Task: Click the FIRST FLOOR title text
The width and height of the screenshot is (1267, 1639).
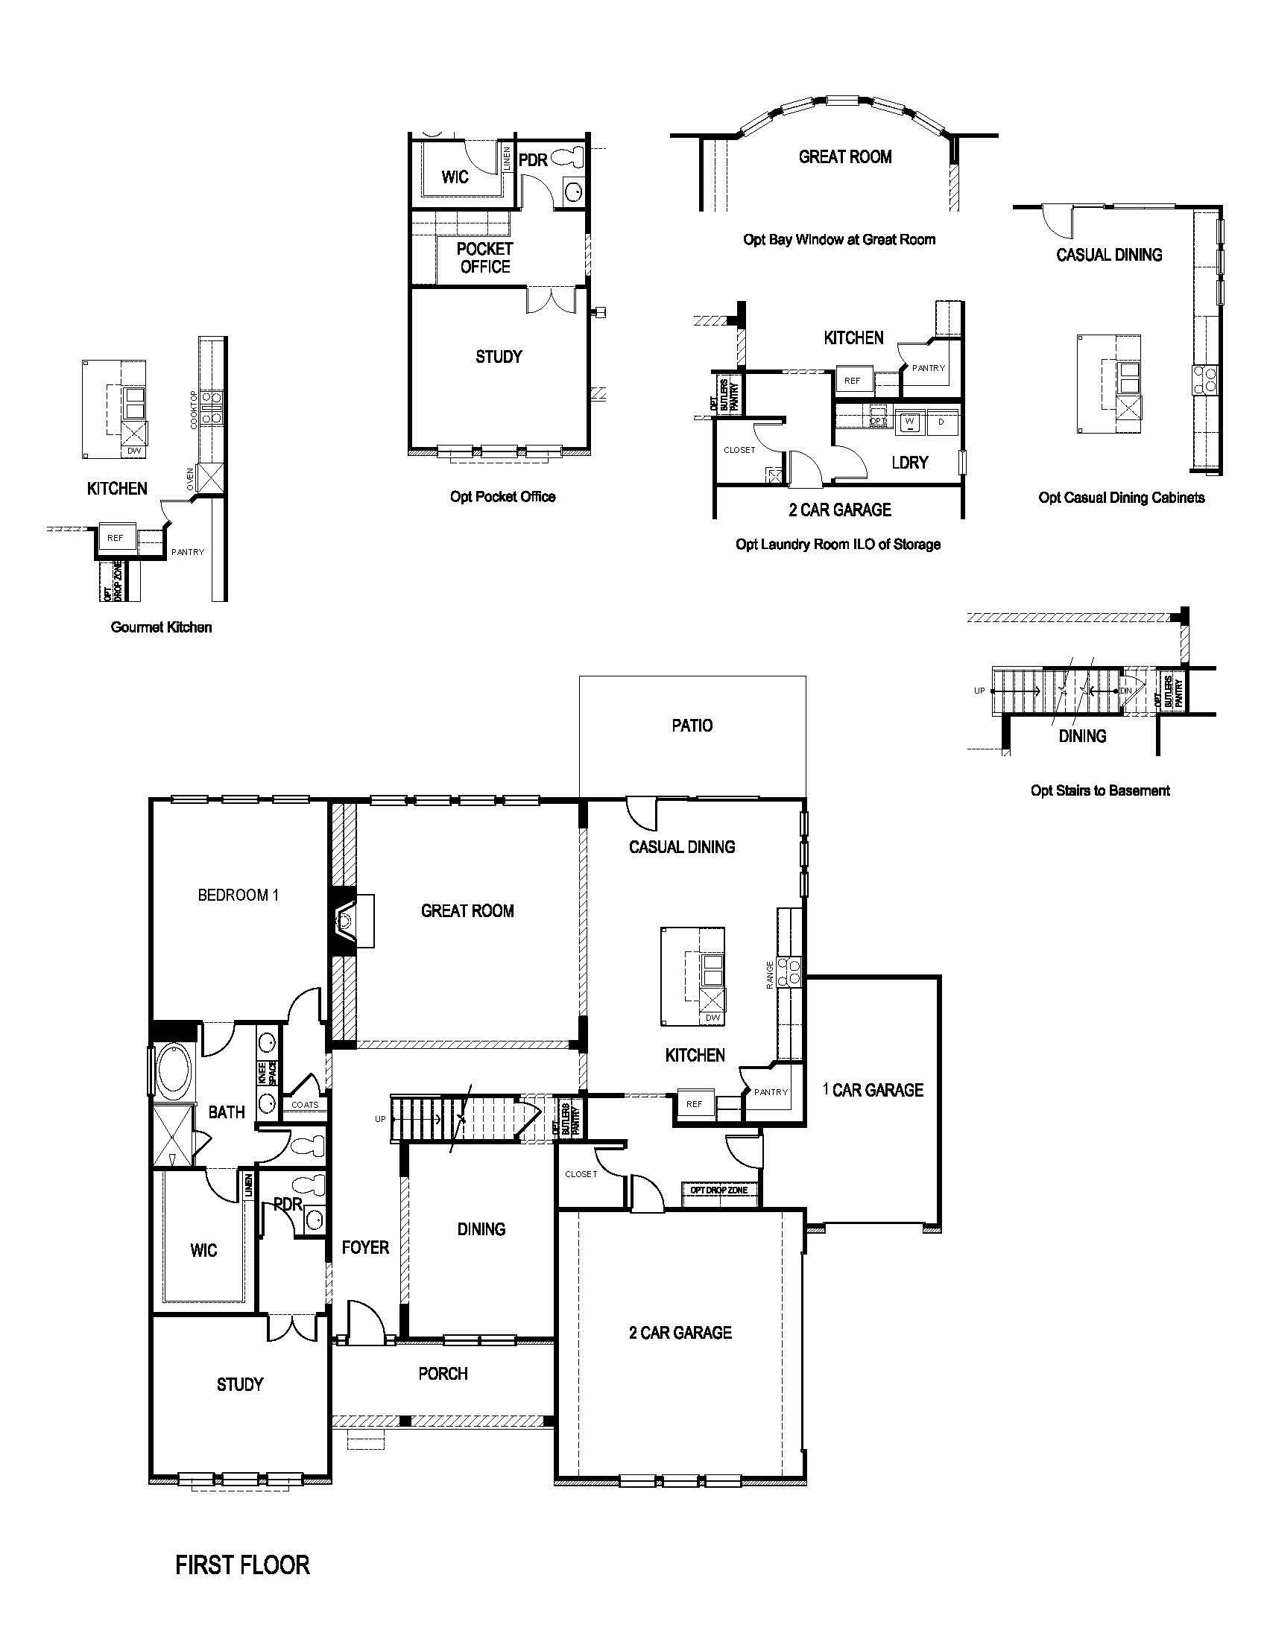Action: [241, 1564]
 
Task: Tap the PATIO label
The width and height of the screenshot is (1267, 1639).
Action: [692, 726]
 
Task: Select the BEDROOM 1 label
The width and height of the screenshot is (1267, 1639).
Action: [238, 895]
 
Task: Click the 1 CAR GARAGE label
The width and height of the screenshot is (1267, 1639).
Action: [872, 1090]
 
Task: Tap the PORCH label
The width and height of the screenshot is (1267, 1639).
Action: [443, 1373]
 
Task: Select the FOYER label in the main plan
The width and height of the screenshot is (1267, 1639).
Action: [364, 1247]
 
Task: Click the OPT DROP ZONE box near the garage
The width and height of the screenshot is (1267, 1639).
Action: [719, 1191]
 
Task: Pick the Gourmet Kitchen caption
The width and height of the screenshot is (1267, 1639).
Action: [162, 627]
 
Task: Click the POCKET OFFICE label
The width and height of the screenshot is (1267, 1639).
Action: [485, 258]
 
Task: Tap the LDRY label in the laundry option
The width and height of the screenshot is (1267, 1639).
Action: [910, 463]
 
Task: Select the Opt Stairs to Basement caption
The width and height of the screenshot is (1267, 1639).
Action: [1099, 790]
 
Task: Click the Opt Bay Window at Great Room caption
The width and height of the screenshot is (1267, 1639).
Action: [838, 239]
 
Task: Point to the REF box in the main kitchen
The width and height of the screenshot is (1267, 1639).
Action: [695, 1104]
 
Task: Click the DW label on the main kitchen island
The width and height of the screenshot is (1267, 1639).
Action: [713, 1018]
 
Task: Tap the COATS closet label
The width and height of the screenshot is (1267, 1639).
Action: [305, 1105]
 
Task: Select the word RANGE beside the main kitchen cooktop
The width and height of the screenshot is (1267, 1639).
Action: [769, 975]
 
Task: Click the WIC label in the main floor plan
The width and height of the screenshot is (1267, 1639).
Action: [203, 1249]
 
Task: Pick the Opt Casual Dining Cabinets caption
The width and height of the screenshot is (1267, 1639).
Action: [1122, 497]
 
